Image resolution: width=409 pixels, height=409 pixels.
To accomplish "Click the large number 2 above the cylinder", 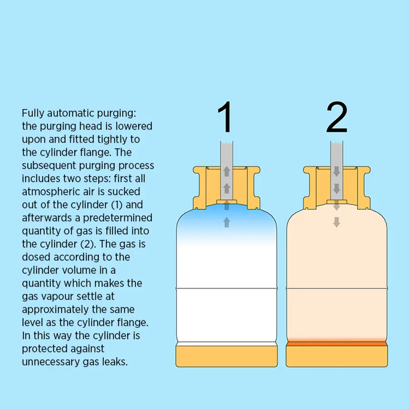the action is click(337, 117).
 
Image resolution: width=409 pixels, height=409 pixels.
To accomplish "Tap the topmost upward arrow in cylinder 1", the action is click(227, 171).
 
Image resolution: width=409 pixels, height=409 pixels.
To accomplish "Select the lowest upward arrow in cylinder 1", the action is click(227, 222).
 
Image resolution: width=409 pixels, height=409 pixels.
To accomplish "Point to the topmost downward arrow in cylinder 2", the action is click(337, 171).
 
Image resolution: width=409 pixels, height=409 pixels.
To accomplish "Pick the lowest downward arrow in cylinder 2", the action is click(337, 222).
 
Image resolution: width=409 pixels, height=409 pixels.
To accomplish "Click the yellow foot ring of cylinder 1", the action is click(226, 356).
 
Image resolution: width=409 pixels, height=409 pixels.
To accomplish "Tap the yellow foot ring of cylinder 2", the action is click(337, 356).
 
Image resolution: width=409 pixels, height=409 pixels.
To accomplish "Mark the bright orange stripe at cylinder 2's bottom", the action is click(337, 344).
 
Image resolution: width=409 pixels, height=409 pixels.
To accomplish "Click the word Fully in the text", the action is click(33, 114).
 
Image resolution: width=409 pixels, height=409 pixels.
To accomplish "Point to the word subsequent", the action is click(49, 165).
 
